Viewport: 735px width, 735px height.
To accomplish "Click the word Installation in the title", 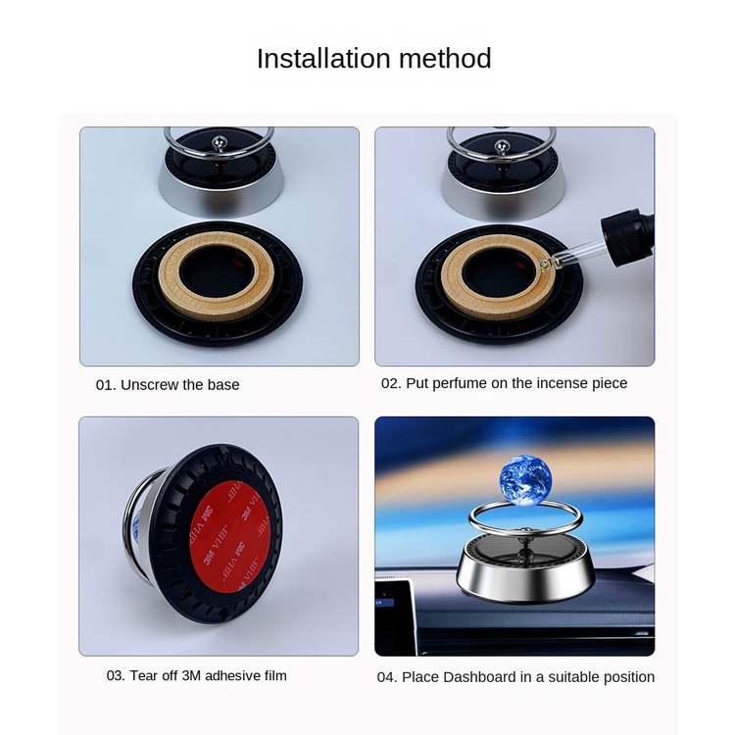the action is [323, 59].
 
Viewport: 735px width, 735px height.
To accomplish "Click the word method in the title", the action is [445, 59].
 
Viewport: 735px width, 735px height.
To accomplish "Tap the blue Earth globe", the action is [525, 479].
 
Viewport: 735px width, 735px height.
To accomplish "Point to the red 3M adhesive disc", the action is [229, 537].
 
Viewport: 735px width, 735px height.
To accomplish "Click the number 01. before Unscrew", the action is [106, 385].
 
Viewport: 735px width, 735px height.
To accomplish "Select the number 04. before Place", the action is [387, 677].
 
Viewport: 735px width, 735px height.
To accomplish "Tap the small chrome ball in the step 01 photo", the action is [219, 140].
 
